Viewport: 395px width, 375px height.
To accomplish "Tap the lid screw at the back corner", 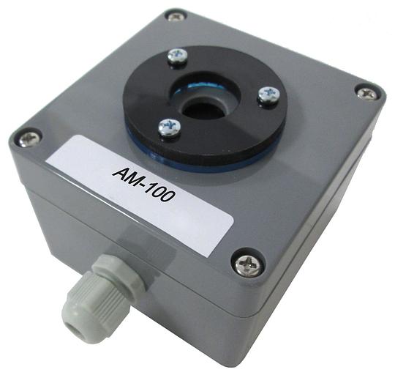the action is coord(176,17).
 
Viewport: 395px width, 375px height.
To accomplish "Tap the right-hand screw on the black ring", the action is coord(268,94).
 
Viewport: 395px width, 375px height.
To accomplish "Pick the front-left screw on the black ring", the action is coord(170,127).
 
